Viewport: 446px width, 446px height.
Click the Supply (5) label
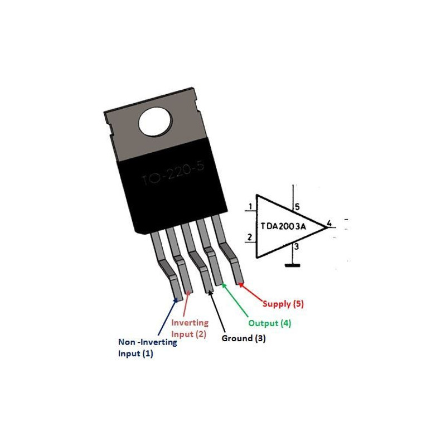click(283, 304)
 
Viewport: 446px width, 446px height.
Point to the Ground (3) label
click(244, 338)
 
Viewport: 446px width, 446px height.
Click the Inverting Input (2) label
click(190, 328)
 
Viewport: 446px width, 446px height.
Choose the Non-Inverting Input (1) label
click(147, 348)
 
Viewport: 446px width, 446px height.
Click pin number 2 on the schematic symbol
click(250, 238)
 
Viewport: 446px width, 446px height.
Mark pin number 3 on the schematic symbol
click(297, 246)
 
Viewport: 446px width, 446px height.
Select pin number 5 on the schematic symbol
click(297, 207)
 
